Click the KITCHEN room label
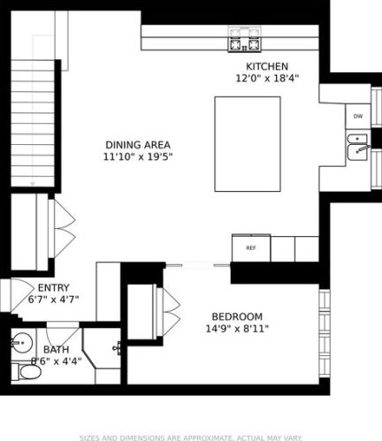267,66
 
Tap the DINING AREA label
137,145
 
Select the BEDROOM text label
236,317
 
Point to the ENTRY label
53,287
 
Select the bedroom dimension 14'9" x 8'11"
236,330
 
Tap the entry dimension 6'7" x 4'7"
53,300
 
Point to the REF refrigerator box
250,248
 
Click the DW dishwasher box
358,116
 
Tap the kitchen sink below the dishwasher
357,147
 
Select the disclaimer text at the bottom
191,436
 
